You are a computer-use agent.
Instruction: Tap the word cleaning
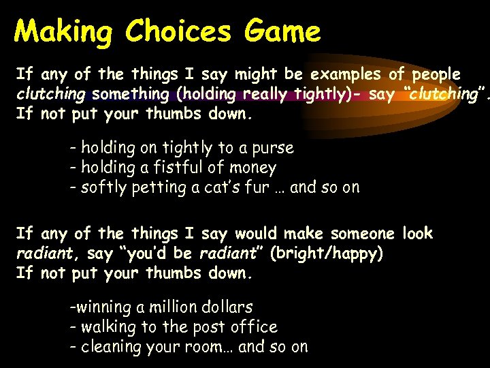tap(109, 347)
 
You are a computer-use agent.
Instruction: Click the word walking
tap(108, 327)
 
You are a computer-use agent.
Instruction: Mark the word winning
tap(99, 307)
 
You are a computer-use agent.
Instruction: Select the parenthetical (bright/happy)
tap(327, 254)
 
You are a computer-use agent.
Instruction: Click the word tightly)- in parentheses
tap(323, 94)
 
